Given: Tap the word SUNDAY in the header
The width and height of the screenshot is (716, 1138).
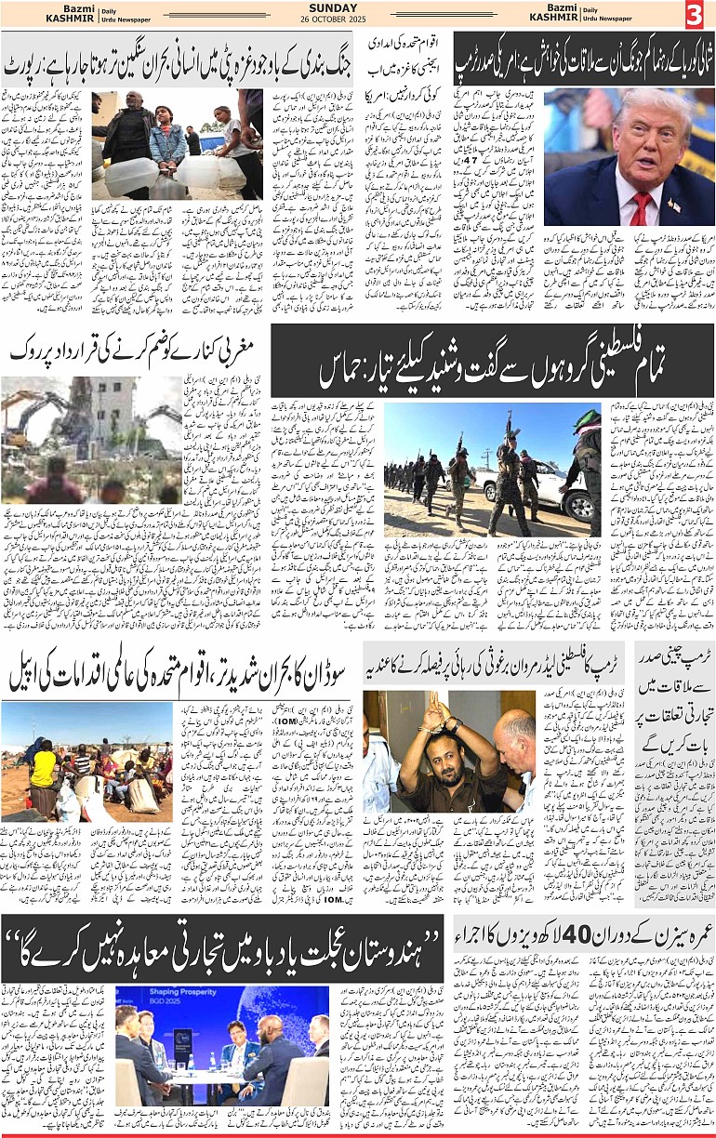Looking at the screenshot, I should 334,7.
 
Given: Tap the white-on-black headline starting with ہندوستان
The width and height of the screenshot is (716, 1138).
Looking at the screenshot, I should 223,947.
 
